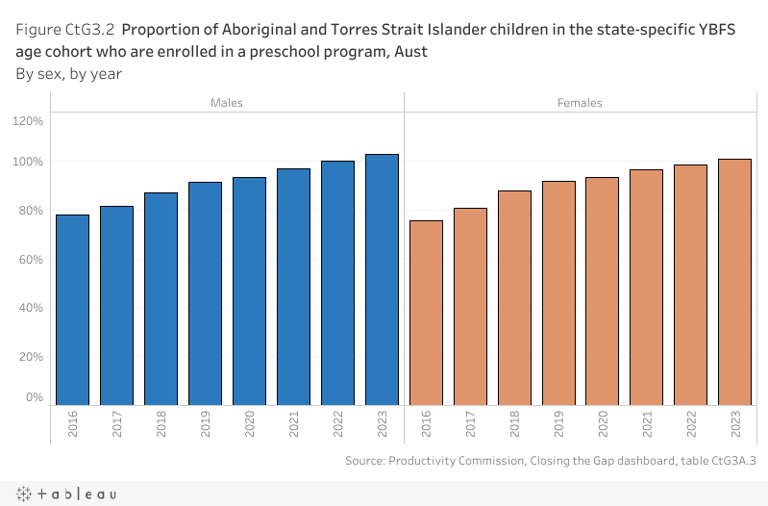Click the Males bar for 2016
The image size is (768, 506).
point(73,309)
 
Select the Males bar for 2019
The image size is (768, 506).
point(206,292)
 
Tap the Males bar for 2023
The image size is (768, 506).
point(382,279)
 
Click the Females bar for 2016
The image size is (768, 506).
point(426,312)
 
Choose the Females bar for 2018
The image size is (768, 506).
point(514,297)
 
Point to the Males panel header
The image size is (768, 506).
point(227,103)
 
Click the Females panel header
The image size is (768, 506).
point(580,103)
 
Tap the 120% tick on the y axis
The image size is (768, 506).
point(28,121)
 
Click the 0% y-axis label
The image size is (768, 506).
point(35,396)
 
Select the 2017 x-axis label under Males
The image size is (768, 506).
point(117,426)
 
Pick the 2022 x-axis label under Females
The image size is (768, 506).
point(691,426)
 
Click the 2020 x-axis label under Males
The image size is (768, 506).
point(250,426)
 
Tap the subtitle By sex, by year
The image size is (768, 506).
point(68,73)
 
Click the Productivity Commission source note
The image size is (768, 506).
point(551,461)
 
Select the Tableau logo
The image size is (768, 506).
point(66,493)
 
